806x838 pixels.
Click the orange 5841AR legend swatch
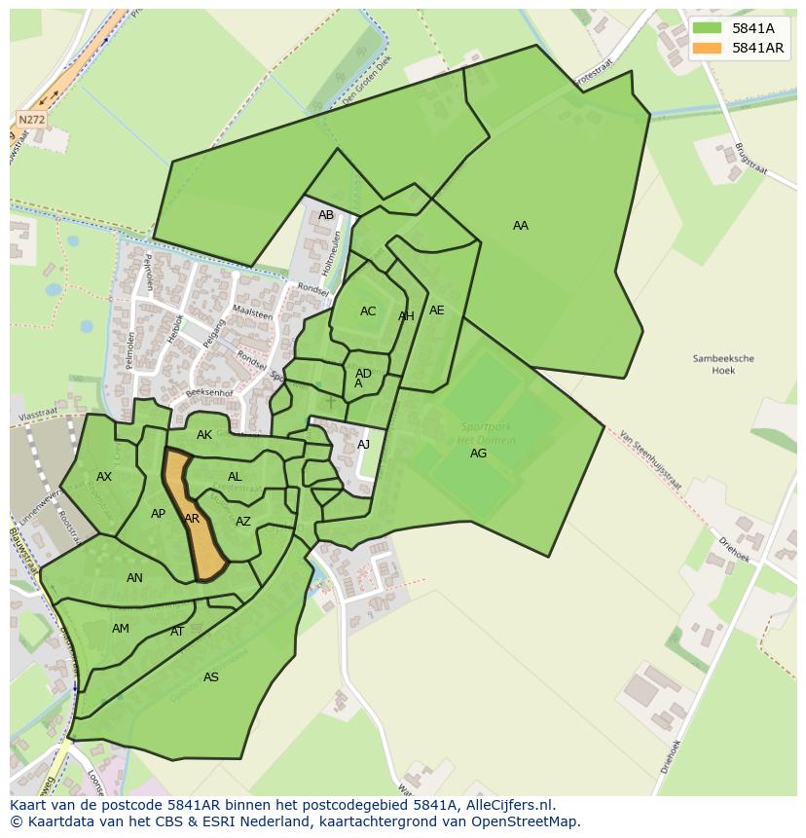coord(708,48)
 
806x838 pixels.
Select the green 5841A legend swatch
coord(708,29)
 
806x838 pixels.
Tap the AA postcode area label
coord(521,226)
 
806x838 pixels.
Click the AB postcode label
coord(326,215)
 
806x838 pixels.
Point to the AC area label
coord(368,311)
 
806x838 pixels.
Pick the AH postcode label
coord(406,316)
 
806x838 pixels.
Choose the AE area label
coord(437,310)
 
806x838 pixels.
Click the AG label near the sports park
coord(478,454)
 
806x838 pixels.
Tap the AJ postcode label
coord(363,445)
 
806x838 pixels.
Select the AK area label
coord(204,435)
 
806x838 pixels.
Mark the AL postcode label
coord(235,477)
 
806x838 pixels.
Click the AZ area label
coord(243,522)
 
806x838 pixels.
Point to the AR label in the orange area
coord(192,519)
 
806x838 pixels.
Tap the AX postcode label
coord(104,477)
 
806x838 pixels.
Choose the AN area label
coord(134,578)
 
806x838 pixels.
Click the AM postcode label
coord(121,629)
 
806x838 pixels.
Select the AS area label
coord(211,677)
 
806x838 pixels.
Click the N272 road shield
coord(32,120)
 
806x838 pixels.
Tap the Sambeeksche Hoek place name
coord(723,364)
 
